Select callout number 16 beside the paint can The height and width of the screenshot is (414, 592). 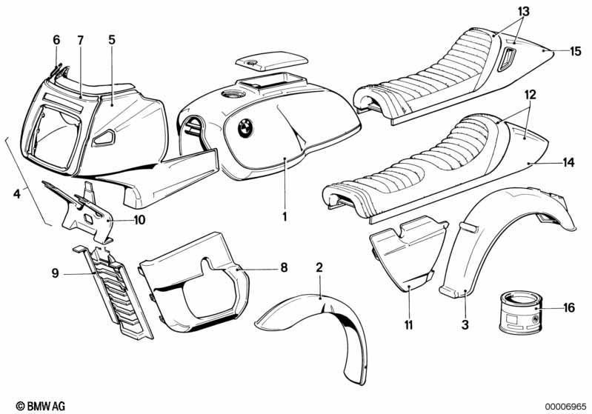pos(568,307)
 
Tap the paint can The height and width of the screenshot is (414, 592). pos(521,313)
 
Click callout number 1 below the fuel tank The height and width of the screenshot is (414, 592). pos(285,216)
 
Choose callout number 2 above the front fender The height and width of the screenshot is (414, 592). pos(319,268)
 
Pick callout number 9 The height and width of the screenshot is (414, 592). pos(55,273)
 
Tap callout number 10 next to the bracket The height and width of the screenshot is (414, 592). pos(139,220)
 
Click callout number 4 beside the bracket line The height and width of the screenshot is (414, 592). pos(16,194)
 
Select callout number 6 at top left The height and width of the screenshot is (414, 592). pos(56,40)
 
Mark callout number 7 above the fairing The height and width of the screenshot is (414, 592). pos(80,40)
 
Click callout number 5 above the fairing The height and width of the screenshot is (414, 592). pos(112,40)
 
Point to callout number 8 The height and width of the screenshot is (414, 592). pos(284,268)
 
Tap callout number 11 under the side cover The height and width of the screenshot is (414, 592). pos(408,324)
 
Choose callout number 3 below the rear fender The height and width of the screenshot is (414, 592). pos(465,324)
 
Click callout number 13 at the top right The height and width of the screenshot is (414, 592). pos(523,12)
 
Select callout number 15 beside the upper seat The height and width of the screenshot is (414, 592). pos(576,51)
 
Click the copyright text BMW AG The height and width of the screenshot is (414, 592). pos(41,406)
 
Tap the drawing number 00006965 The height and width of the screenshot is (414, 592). pos(565,406)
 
